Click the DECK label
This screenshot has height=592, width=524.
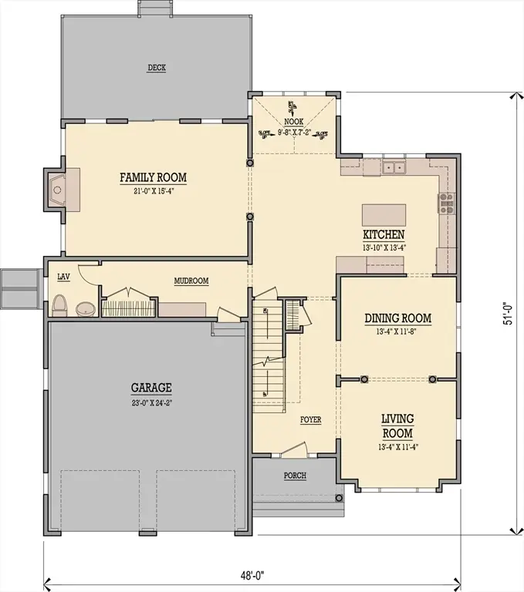pos(157,68)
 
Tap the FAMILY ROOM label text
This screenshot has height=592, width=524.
pos(153,178)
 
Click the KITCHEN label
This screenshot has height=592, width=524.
pos(384,235)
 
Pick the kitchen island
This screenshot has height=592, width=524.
pos(384,213)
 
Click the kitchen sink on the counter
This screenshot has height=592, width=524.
pos(397,167)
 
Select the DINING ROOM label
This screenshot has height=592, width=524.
pos(397,318)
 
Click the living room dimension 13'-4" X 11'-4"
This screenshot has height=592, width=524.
pos(397,446)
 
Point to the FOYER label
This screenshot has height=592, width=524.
pos(311,420)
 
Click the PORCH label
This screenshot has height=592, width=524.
pos(295,476)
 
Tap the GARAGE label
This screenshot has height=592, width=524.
pos(151,388)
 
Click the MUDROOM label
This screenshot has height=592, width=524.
pos(191,281)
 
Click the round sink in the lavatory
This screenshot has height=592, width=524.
pos(86,309)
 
